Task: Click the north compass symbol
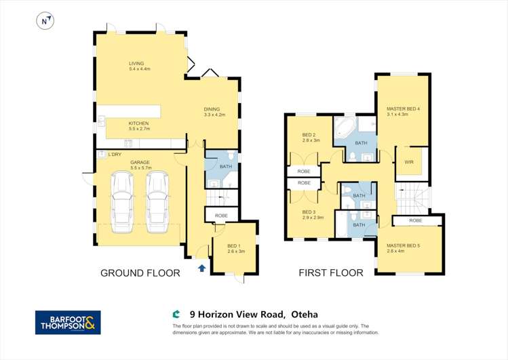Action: (x=45, y=22)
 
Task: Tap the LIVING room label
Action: (x=136, y=64)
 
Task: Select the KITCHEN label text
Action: (x=138, y=123)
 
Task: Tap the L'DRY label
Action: (x=114, y=155)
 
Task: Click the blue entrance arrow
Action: (x=201, y=268)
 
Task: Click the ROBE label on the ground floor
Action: (x=221, y=215)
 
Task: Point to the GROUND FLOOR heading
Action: (x=140, y=273)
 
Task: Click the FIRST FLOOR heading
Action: (x=331, y=273)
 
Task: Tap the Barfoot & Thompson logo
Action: (x=68, y=322)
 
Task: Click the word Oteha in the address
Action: (x=304, y=315)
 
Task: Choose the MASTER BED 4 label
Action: (x=403, y=108)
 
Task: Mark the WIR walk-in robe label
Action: (x=409, y=162)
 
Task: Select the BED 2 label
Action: (x=309, y=134)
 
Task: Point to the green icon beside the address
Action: (x=176, y=315)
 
